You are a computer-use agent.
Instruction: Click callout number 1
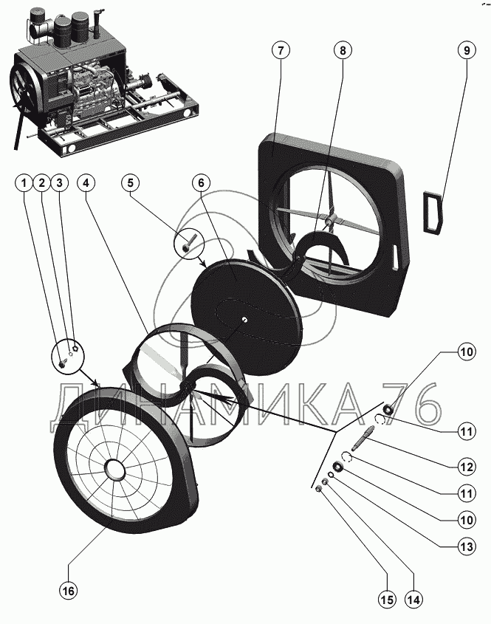26,182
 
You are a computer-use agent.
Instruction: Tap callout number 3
60,182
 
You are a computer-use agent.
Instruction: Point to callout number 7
280,51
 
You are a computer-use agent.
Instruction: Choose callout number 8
342,51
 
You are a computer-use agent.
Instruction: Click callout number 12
466,467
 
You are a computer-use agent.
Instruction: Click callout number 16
68,592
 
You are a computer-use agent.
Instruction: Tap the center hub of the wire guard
114,469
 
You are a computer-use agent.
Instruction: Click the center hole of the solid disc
243,318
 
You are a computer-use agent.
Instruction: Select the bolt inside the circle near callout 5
189,241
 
